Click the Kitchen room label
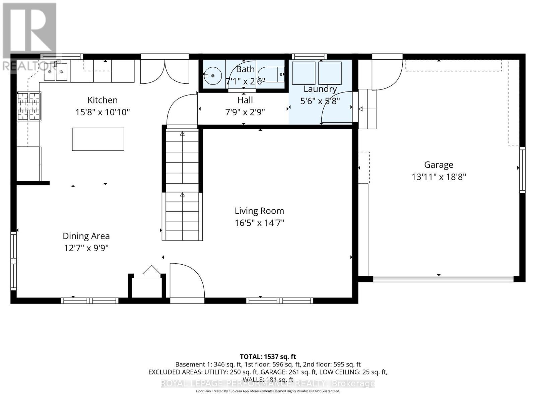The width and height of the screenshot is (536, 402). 103,100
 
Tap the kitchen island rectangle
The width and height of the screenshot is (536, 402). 98,139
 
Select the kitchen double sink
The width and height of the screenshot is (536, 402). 56,72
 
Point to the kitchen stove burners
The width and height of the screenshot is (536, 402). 29,106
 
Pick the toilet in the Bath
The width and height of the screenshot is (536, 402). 273,74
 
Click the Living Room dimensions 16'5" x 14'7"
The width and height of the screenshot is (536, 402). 259,223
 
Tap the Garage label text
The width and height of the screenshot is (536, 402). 439,164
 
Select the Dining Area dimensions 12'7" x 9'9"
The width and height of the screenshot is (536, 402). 86,248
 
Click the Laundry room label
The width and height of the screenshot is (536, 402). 320,89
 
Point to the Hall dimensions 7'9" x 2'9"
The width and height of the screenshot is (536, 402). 245,112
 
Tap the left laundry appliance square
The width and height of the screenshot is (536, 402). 304,73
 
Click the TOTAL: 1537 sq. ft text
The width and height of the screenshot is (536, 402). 268,357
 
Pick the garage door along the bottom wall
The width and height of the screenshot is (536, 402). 443,278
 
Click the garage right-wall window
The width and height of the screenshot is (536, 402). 522,170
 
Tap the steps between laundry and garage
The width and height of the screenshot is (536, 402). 367,109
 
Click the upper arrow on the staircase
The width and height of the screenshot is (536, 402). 182,134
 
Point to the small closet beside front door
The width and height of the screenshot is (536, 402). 147,286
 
